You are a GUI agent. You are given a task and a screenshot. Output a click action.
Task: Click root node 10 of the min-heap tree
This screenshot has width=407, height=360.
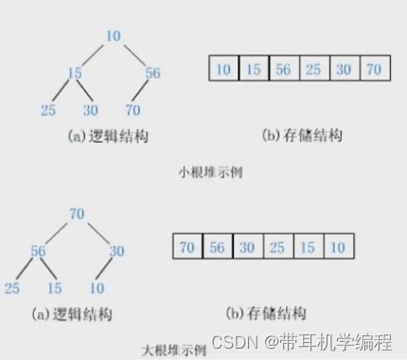[114, 37]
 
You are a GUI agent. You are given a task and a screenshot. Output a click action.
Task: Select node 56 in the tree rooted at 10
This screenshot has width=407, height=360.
[152, 73]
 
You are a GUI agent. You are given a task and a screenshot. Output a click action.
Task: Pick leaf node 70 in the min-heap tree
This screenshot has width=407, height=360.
[133, 111]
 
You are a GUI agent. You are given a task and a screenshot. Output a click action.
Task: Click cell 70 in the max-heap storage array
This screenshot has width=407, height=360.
[187, 247]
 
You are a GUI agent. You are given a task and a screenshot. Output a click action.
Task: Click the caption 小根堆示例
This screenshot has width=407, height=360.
[204, 173]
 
